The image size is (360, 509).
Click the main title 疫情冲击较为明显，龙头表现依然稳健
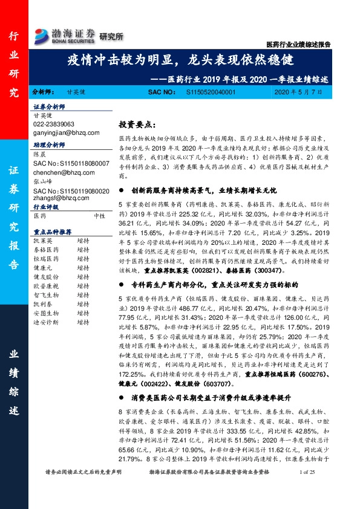pyautogui.click(x=180, y=61)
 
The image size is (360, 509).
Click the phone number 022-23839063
pyautogui.click(x=59, y=124)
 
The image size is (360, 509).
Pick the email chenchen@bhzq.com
pyautogui.click(x=63, y=172)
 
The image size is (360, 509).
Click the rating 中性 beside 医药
pyautogui.click(x=100, y=215)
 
